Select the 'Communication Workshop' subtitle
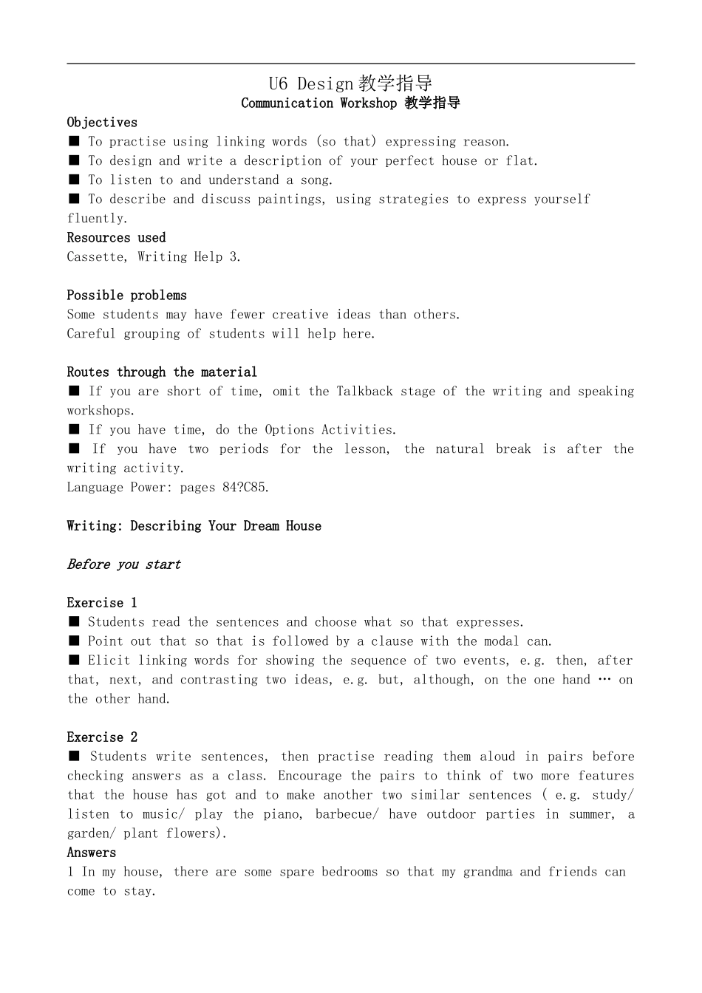click(x=318, y=103)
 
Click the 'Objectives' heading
click(x=102, y=123)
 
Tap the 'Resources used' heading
click(x=116, y=238)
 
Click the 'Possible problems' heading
click(x=126, y=296)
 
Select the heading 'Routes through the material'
click(x=162, y=372)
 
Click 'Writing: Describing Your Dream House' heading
click(x=194, y=526)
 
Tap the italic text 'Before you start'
click(x=123, y=564)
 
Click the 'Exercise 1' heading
click(x=102, y=603)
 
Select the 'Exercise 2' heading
click(x=102, y=737)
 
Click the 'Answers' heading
click(x=92, y=853)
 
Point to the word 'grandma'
click(x=487, y=872)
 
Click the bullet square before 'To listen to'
click(x=74, y=180)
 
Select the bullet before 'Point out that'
click(x=74, y=641)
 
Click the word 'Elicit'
click(x=109, y=661)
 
